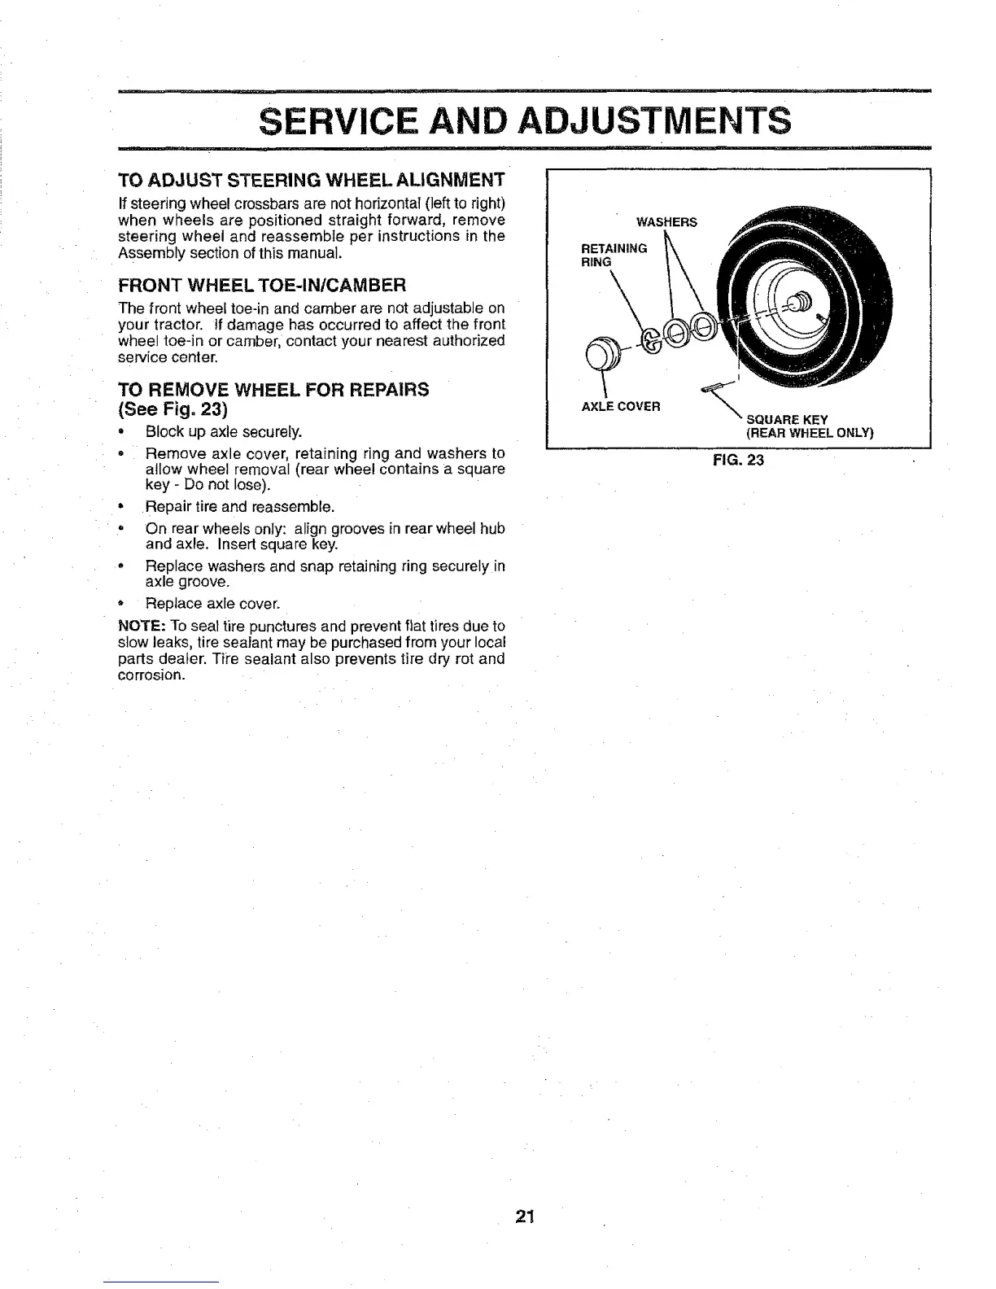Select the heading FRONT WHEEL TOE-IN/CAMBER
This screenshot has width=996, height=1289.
coord(261,286)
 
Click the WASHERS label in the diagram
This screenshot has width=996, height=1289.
coord(666,222)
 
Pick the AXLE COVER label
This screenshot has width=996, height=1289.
coord(621,406)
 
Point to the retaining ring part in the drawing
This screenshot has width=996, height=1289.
coord(652,339)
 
